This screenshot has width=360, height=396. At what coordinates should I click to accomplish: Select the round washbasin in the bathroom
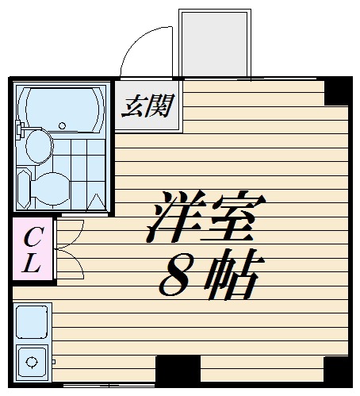point(37,146)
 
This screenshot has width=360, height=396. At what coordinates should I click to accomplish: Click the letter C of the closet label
point(32,236)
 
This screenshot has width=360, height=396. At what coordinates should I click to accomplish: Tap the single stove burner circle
point(32,363)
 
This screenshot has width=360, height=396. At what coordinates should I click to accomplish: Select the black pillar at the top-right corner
point(337,91)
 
